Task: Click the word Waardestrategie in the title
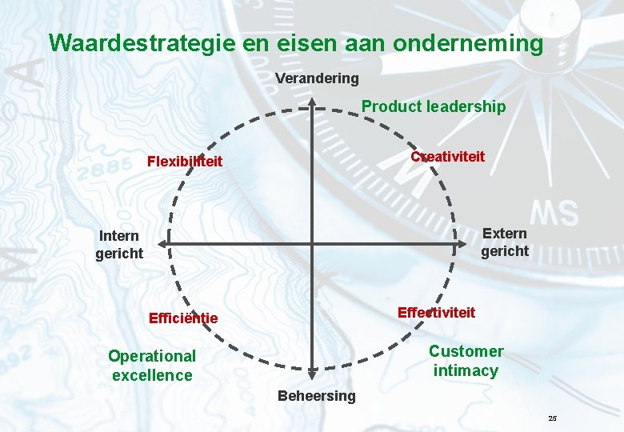[x=142, y=42]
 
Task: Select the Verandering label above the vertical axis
[x=317, y=78]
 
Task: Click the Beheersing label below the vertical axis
[x=316, y=396]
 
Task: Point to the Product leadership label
[x=434, y=106]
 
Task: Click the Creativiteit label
[x=447, y=157]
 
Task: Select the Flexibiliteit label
[x=185, y=162]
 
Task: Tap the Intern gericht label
[x=119, y=244]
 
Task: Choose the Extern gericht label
[x=505, y=242]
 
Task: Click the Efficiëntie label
[x=183, y=318]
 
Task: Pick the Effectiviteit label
[x=436, y=312]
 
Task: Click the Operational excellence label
[x=152, y=366]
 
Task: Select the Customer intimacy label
[x=466, y=361]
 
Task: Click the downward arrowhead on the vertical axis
[x=312, y=373]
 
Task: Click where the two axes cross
[x=312, y=242]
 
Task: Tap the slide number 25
[x=552, y=418]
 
